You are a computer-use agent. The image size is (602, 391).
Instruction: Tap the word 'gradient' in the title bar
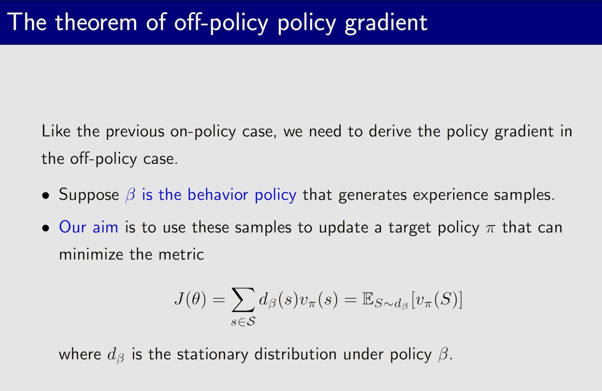point(386,24)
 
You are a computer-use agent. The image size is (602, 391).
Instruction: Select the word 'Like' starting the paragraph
point(56,131)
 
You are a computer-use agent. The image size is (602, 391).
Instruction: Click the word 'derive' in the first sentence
point(390,131)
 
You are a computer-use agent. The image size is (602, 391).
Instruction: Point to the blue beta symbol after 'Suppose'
point(130,195)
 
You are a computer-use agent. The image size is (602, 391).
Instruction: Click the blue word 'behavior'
point(218,194)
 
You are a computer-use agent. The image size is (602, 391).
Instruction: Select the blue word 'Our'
point(73,227)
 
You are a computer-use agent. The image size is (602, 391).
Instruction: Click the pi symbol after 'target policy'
point(491,229)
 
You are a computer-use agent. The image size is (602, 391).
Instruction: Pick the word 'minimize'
point(91,254)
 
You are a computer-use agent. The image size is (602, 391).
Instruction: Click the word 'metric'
point(181,254)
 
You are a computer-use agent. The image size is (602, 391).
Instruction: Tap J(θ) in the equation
point(190,299)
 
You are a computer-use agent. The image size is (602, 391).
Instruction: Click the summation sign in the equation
point(243,300)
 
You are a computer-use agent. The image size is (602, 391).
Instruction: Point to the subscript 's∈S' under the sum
point(243,322)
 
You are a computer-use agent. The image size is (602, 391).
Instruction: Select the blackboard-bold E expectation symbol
point(368,299)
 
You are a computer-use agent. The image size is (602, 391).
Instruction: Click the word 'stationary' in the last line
point(212,355)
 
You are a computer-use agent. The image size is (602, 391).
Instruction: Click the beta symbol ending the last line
point(443,355)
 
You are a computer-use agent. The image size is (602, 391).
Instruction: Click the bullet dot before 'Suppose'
point(45,195)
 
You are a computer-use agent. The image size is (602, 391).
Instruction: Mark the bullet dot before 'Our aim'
point(45,228)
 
